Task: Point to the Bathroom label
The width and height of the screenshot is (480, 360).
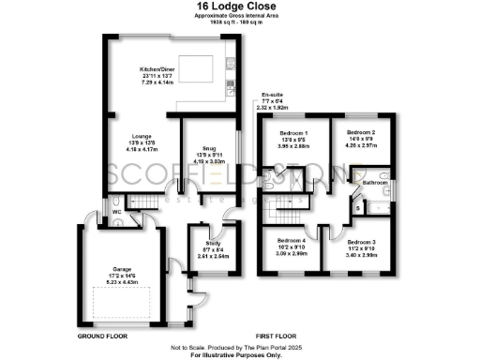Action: pyautogui.click(x=374, y=181)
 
